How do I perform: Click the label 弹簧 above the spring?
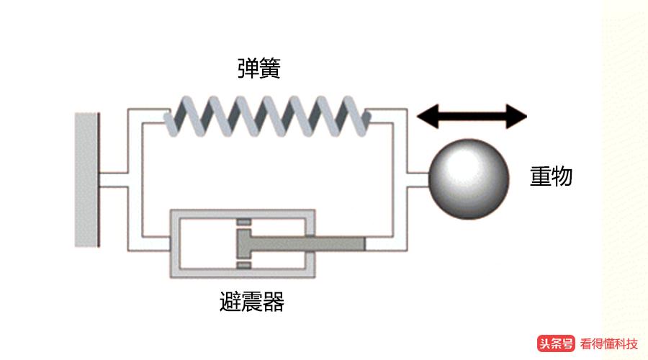click(x=258, y=68)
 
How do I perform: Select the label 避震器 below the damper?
click(x=251, y=302)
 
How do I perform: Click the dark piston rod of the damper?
click(x=310, y=244)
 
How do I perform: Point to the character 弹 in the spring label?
click(x=248, y=68)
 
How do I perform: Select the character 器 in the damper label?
click(x=274, y=302)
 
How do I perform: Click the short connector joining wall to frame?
click(x=113, y=179)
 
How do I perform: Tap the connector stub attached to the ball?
click(x=417, y=179)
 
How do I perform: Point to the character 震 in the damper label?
click(x=251, y=302)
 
